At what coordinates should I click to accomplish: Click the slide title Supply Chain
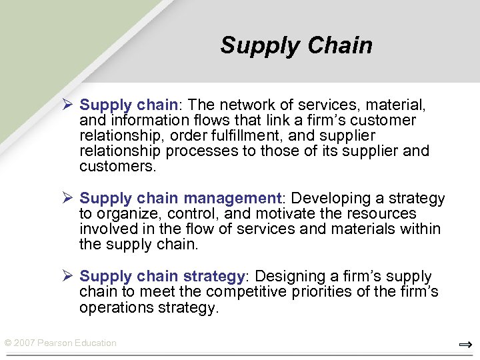(x=296, y=45)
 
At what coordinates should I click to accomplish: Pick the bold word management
(x=233, y=199)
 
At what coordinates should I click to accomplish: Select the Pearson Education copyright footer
(x=60, y=343)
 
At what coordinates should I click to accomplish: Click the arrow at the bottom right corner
(x=465, y=345)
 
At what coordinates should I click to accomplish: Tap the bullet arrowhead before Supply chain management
(x=67, y=198)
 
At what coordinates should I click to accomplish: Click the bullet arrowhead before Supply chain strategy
(x=67, y=276)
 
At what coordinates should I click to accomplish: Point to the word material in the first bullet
(x=396, y=105)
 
